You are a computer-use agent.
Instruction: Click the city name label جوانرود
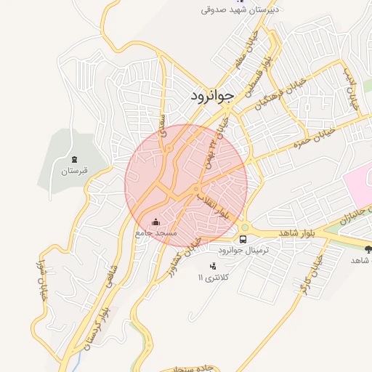pos(213,96)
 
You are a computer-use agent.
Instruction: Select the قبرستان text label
pos(74,171)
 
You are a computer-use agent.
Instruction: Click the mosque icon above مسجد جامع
pos(155,222)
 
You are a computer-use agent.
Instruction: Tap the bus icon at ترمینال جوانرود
pos(243,238)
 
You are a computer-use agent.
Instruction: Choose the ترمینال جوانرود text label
pos(243,249)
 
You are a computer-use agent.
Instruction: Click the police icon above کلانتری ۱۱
pos(212,266)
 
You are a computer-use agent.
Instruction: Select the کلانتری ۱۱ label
pos(214,278)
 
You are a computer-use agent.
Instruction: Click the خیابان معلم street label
pos(245,53)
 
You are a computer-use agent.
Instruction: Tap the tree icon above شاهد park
pos(367,248)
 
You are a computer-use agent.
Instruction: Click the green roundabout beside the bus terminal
pos(245,225)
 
